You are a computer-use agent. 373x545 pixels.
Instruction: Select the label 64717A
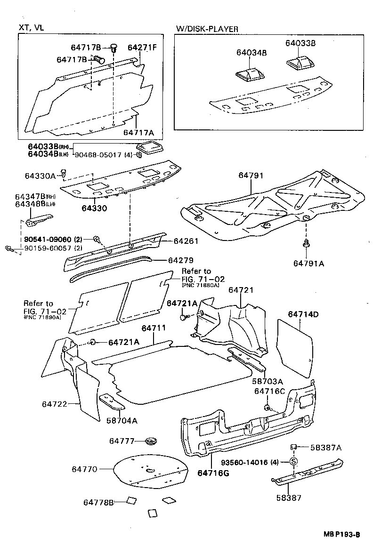(138, 133)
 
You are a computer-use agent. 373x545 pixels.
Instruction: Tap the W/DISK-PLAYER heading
(207, 29)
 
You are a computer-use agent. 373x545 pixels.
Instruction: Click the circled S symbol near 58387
(292, 461)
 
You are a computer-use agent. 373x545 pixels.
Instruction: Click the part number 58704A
(122, 420)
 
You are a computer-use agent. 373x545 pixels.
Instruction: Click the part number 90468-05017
(97, 154)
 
